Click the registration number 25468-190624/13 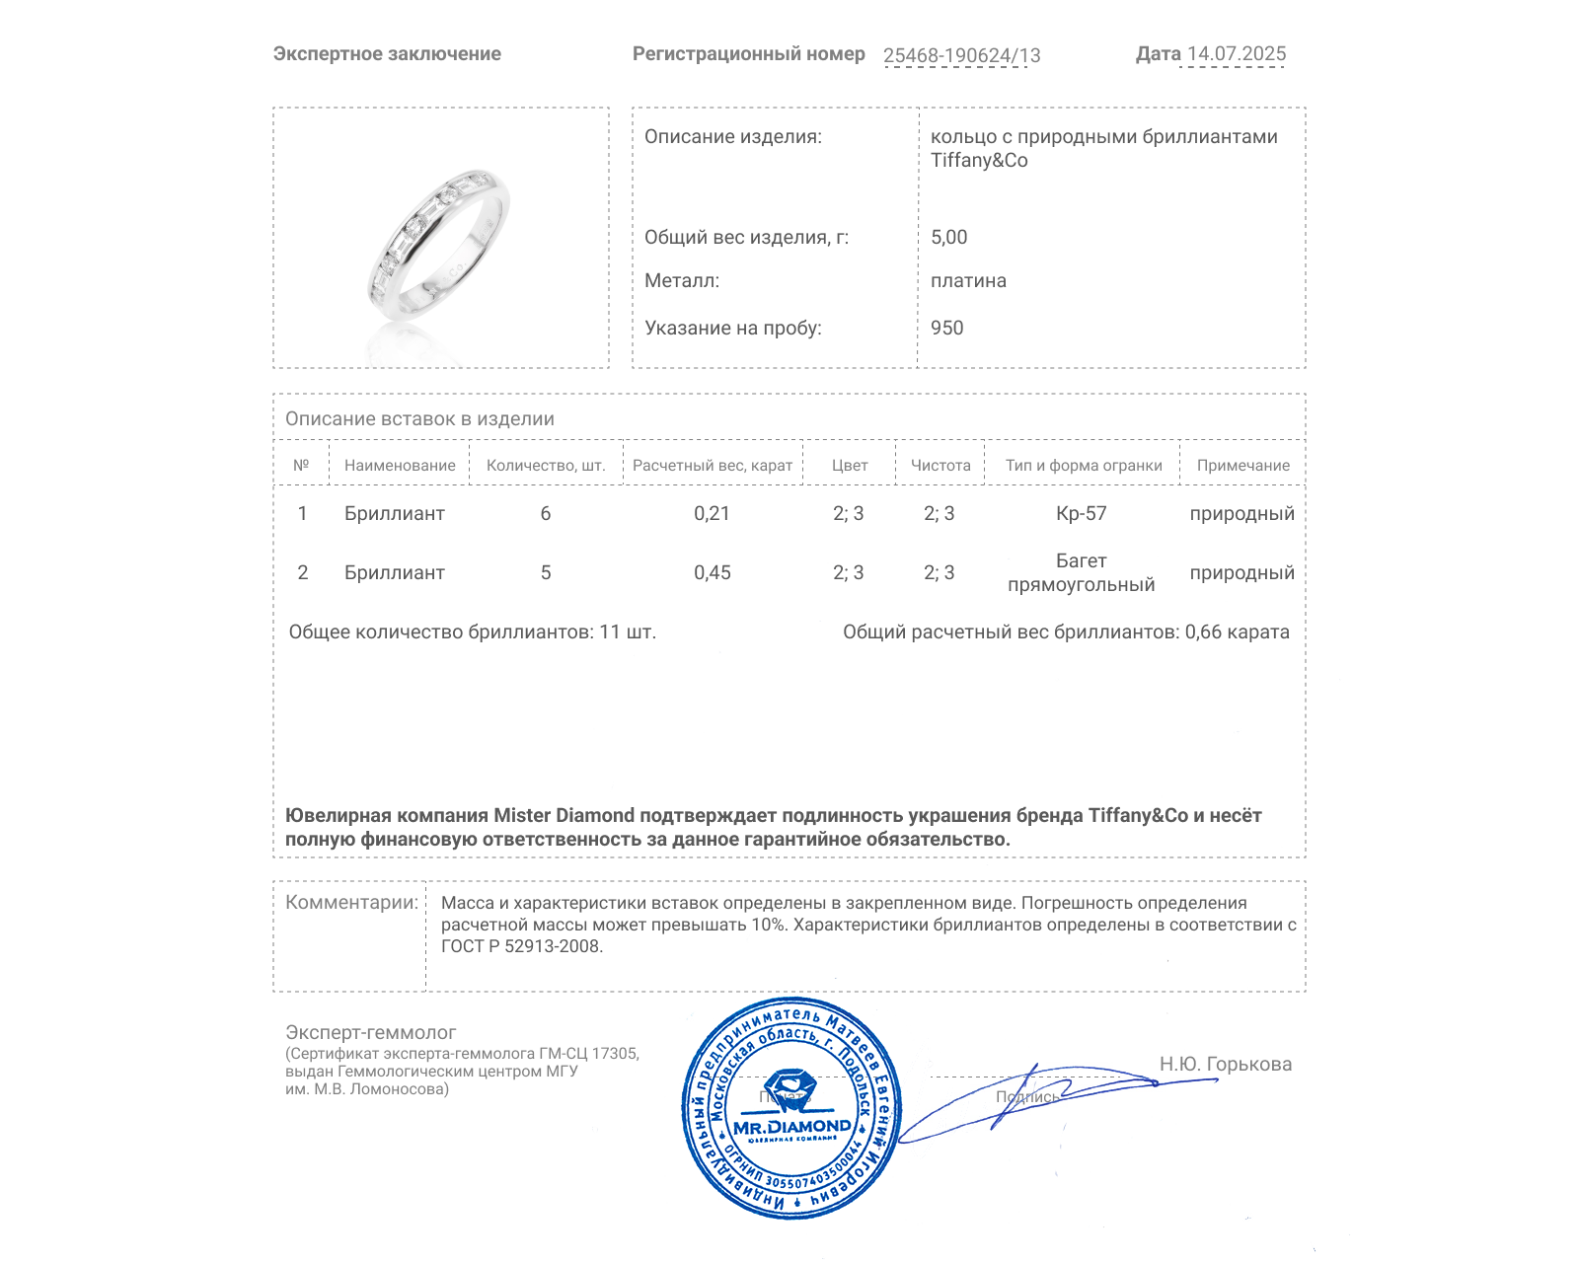tap(961, 55)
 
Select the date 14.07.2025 tap(1236, 54)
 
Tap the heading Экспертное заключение tap(387, 54)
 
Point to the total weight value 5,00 tap(948, 237)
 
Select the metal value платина tap(968, 280)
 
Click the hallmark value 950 tap(946, 328)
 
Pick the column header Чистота tap(940, 466)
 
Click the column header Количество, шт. tap(545, 466)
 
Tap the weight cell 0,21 tap(712, 513)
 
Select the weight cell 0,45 tap(712, 572)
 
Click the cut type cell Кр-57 tap(1081, 513)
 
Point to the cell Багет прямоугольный tap(1081, 572)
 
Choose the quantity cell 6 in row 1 tap(545, 513)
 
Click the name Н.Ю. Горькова tap(1225, 1064)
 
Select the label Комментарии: tap(351, 902)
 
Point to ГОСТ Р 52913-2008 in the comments tap(521, 946)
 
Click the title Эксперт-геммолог tap(370, 1032)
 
